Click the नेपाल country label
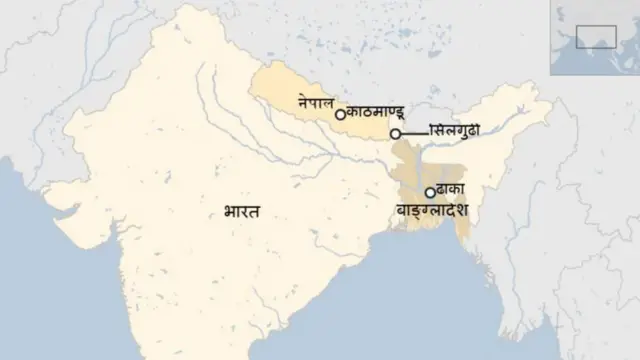pyautogui.click(x=317, y=102)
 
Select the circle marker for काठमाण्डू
pyautogui.click(x=340, y=115)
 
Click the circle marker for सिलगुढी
pyautogui.click(x=396, y=133)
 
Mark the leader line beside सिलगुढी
pyautogui.click(x=413, y=133)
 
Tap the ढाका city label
pyautogui.click(x=452, y=191)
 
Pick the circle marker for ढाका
pyautogui.click(x=430, y=193)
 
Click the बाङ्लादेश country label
pyautogui.click(x=433, y=212)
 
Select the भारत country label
pyautogui.click(x=243, y=212)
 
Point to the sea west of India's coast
pyautogui.click(x=60, y=260)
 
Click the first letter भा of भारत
pyautogui.click(x=231, y=212)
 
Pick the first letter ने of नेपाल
pyautogui.click(x=302, y=102)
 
